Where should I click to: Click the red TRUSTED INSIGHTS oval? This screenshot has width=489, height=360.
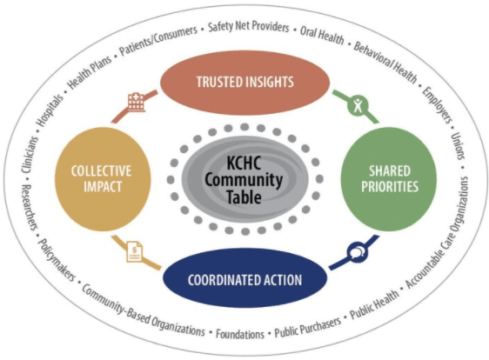pyautogui.click(x=244, y=82)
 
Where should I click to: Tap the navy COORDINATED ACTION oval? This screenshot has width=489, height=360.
pyautogui.click(x=245, y=278)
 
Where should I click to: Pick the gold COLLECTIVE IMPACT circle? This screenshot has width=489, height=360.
pyautogui.click(x=103, y=179)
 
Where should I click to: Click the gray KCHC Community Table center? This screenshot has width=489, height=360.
pyautogui.click(x=245, y=179)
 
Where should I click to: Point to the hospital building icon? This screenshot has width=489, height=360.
pyautogui.click(x=137, y=101)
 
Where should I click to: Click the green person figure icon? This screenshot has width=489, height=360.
pyautogui.click(x=358, y=104)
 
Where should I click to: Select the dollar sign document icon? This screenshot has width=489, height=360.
pyautogui.click(x=136, y=252)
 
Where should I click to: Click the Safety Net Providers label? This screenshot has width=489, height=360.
pyautogui.click(x=249, y=27)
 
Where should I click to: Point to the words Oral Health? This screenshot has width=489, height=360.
pyautogui.click(x=322, y=35)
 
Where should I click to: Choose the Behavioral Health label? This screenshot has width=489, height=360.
pyautogui.click(x=385, y=63)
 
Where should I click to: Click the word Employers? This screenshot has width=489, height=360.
pyautogui.click(x=438, y=104)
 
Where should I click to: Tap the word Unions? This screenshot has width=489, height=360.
pyautogui.click(x=458, y=146)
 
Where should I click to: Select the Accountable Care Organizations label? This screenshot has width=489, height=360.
pyautogui.click(x=438, y=232)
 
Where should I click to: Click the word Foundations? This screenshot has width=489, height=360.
pyautogui.click(x=240, y=334)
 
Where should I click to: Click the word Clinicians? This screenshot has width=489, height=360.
pyautogui.click(x=30, y=155)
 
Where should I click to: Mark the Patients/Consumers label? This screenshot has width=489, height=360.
pyautogui.click(x=158, y=41)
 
